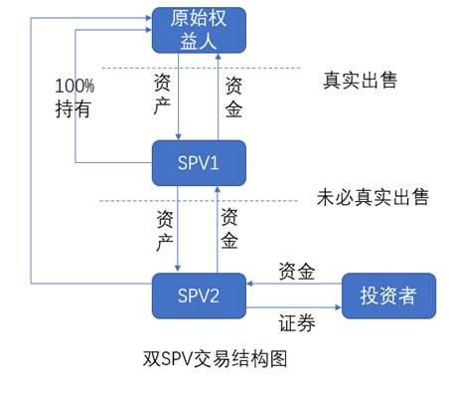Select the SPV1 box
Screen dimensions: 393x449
coord(198,162)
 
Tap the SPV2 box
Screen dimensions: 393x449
coord(198,295)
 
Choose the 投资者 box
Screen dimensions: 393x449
coord(388,295)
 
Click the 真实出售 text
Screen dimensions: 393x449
coord(361,80)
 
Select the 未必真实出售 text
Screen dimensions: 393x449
coord(372,197)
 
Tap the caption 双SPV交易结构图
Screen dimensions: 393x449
coord(216,355)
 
